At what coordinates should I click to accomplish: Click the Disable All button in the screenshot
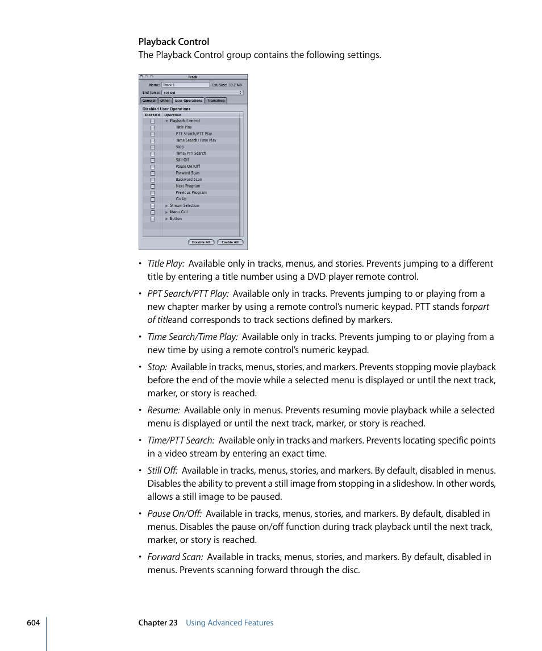[x=201, y=242]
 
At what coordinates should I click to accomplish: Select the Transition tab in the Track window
[x=216, y=101]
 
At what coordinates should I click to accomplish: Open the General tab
[x=149, y=101]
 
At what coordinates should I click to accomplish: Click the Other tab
[x=165, y=101]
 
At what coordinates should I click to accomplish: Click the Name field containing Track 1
[x=185, y=85]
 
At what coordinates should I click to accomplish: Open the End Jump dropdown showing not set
[x=202, y=92]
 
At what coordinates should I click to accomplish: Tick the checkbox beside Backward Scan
[x=152, y=180]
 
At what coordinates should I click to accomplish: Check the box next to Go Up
[x=152, y=200]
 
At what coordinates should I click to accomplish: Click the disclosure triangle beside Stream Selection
[x=166, y=206]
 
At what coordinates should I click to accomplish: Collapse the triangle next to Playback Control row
[x=166, y=121]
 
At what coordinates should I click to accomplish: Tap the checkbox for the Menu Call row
[x=152, y=212]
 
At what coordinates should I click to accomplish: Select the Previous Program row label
[x=191, y=193]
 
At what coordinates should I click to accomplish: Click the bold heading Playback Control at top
[x=174, y=42]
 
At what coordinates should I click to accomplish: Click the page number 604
[x=33, y=623]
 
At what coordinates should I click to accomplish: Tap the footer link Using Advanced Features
[x=230, y=623]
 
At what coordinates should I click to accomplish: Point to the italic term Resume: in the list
[x=164, y=410]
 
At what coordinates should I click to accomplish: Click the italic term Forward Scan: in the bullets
[x=175, y=557]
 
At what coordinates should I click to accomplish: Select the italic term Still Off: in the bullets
[x=162, y=470]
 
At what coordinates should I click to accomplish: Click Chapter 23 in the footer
[x=158, y=623]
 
